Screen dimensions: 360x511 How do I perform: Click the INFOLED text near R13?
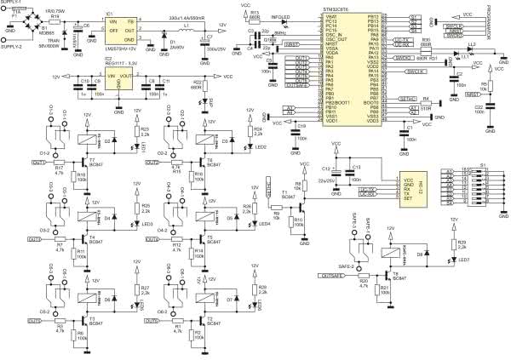(x=279, y=15)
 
